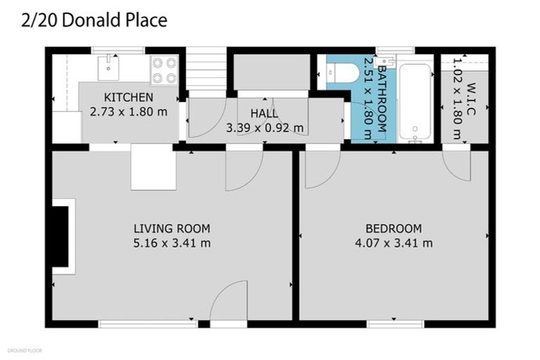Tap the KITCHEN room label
tap(129, 97)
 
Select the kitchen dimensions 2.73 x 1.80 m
tap(129, 111)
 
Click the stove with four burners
tap(165, 69)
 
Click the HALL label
tap(264, 113)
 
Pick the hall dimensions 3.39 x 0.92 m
tap(265, 127)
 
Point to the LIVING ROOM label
tap(172, 229)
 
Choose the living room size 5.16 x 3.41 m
tap(172, 243)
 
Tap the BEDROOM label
tap(393, 229)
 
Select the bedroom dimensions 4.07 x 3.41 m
tap(393, 243)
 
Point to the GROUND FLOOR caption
tap(24, 349)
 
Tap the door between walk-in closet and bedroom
tap(456, 165)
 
